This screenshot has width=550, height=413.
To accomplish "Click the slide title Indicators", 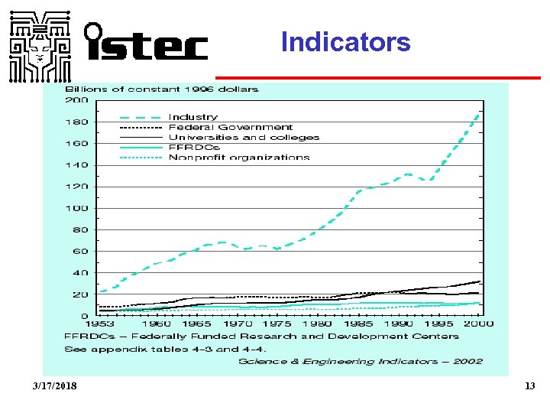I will (x=345, y=41).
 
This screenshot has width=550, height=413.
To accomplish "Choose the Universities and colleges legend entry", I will (x=244, y=138).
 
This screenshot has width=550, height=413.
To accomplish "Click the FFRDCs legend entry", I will (x=193, y=148).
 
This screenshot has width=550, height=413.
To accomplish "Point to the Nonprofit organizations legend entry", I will (x=239, y=158).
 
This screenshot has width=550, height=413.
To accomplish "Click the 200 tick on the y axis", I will (x=76, y=100).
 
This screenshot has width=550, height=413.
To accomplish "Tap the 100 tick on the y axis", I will (x=76, y=208).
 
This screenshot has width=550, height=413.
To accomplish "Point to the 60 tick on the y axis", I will (x=79, y=251).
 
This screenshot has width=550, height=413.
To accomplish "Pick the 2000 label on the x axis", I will (x=479, y=324).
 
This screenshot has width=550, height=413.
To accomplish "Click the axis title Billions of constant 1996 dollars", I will (x=161, y=89).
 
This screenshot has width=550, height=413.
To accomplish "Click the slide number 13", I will (x=529, y=386).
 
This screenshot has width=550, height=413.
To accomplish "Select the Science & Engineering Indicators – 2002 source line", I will (x=361, y=361).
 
